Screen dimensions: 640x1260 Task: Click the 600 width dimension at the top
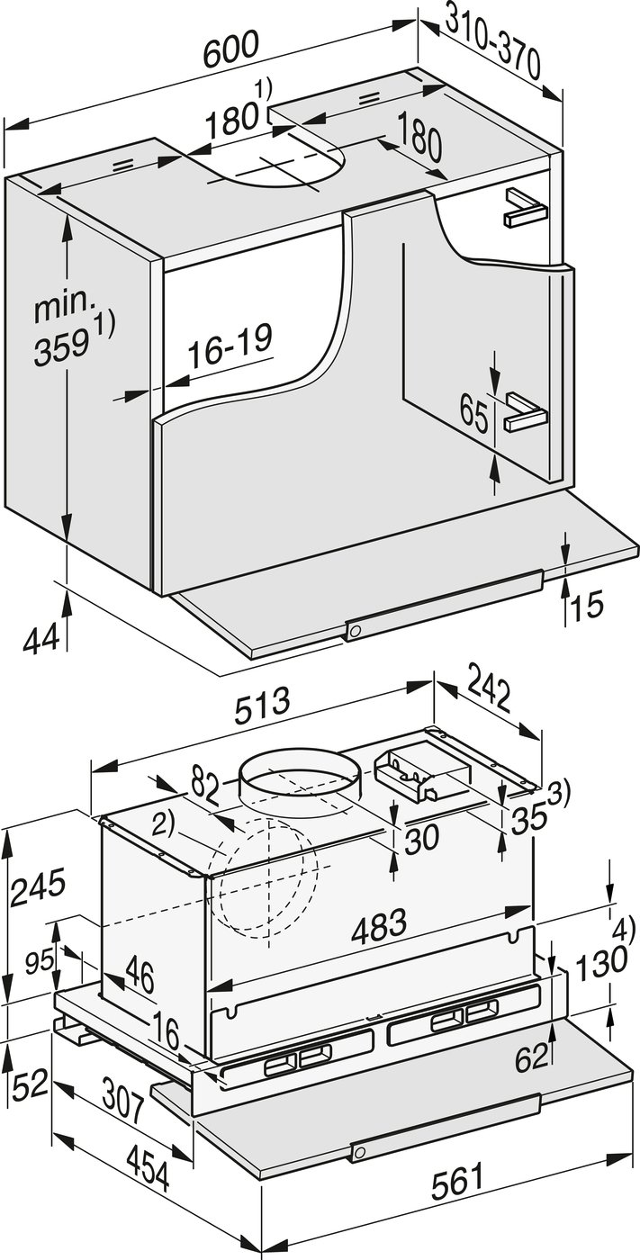(x=230, y=50)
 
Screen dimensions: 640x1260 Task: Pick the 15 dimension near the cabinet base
(x=587, y=604)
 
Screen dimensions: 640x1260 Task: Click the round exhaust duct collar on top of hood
(x=299, y=775)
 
